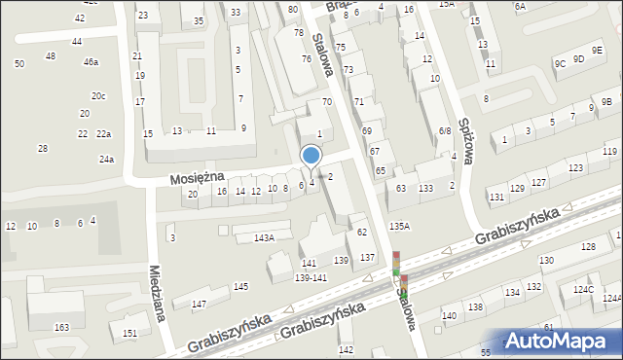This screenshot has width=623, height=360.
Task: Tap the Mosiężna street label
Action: (198, 177)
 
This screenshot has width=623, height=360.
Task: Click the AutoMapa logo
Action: (561, 341)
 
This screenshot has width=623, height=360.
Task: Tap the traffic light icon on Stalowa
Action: (397, 270)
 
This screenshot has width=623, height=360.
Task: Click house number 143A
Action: (264, 237)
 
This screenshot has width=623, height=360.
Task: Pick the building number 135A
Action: (400, 226)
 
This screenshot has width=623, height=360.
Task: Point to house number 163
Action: (61, 328)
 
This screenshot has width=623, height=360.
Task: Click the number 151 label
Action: (129, 334)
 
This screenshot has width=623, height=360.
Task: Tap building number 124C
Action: (583, 290)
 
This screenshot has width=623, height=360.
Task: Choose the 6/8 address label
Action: (444, 130)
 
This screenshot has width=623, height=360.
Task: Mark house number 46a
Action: (91, 62)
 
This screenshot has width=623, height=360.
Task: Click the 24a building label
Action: (106, 160)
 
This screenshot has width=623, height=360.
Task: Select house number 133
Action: (425, 188)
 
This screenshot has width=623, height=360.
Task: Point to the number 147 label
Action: (199, 306)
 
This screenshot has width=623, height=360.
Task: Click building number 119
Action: (609, 152)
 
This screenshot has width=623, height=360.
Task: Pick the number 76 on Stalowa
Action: (307, 59)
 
